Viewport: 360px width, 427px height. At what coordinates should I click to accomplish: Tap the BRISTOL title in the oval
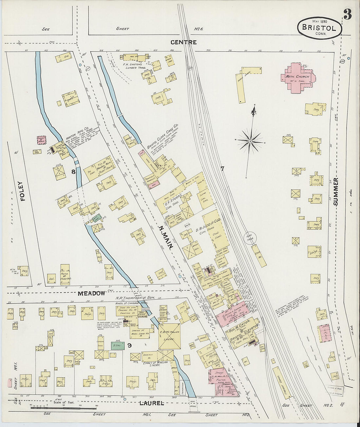pos(319,27)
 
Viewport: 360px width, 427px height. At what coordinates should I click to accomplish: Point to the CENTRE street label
pos(183,42)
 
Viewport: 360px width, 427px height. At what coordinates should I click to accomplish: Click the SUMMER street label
pos(335,192)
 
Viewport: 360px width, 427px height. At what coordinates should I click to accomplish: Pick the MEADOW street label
pos(91,294)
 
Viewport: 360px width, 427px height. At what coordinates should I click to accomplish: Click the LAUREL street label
pos(152,403)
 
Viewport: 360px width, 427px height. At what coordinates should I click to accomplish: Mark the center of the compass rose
pos(250,141)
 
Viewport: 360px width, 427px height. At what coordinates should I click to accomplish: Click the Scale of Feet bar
pos(64,407)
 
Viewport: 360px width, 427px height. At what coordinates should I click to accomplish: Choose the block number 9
pos(129,345)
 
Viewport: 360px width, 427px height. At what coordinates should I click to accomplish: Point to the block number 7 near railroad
pos(222,169)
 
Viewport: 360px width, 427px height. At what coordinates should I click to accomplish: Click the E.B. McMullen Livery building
pos(169,336)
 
